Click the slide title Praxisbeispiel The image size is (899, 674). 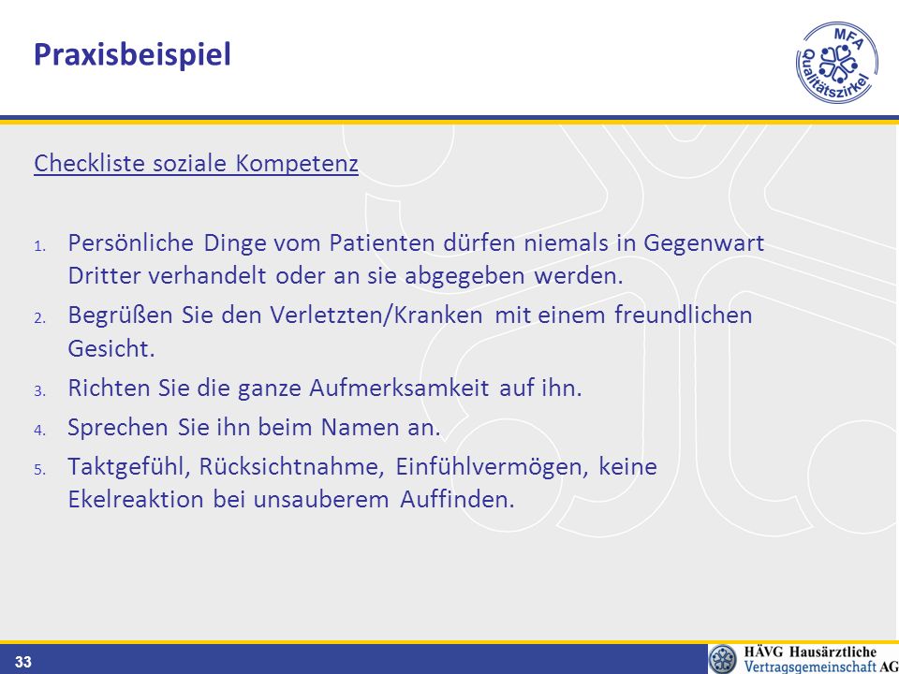click(x=132, y=55)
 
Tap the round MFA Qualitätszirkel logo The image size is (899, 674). click(x=837, y=63)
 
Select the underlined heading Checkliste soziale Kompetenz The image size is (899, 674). click(x=196, y=163)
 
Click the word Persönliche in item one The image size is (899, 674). click(x=131, y=243)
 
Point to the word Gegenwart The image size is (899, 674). click(x=703, y=244)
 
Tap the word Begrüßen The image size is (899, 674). click(x=121, y=315)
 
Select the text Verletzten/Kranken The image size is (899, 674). click(x=376, y=315)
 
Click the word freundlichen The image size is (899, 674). click(x=684, y=315)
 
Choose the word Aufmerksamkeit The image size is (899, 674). click(x=400, y=388)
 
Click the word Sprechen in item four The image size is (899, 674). click(x=118, y=428)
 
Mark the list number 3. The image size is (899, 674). click(x=39, y=391)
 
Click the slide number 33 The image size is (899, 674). click(x=22, y=663)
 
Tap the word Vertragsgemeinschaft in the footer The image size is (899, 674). click(x=810, y=666)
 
